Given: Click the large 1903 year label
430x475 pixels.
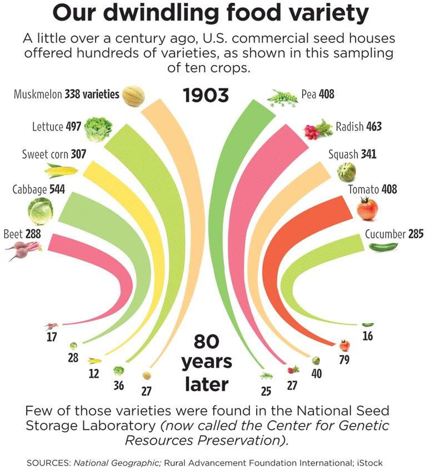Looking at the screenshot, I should (x=206, y=95).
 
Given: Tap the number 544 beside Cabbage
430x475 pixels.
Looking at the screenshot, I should (x=57, y=189).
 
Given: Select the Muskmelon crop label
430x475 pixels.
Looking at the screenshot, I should (x=38, y=94).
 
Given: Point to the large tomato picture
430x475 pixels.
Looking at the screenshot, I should (x=367, y=209).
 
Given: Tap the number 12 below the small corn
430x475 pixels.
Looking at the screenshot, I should (x=94, y=373).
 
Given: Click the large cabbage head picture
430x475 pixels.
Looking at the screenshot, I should (x=41, y=212).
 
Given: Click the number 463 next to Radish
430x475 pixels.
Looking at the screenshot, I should (x=374, y=127).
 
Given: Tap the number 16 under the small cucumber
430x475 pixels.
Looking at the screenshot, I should (x=367, y=336).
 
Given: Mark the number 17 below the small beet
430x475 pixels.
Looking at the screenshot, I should (x=52, y=337).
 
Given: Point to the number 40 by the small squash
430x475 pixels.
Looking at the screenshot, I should (x=316, y=374).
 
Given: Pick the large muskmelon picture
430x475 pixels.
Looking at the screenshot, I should (x=133, y=96).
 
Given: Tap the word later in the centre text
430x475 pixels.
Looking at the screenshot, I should (x=206, y=383).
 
